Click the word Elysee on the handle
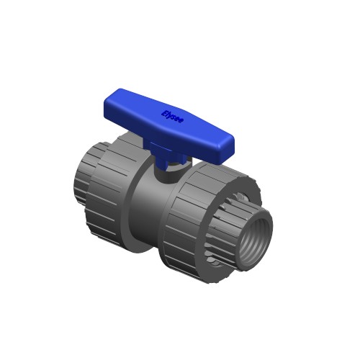[173, 116]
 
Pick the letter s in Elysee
[174, 117]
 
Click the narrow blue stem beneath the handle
[163, 156]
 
